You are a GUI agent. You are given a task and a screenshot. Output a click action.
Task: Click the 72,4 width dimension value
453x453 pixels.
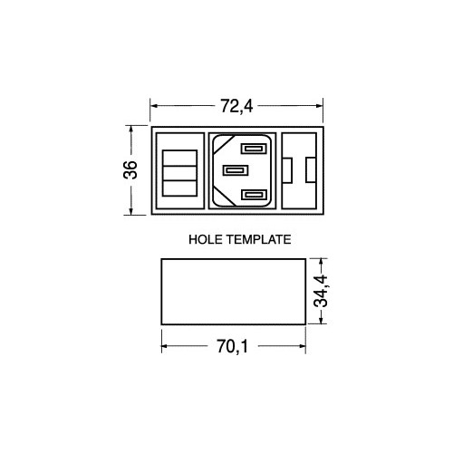pyautogui.click(x=236, y=106)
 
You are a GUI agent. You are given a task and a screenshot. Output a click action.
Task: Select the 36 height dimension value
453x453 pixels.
pyautogui.click(x=130, y=170)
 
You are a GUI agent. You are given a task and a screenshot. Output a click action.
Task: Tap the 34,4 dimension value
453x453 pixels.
pyautogui.click(x=321, y=291)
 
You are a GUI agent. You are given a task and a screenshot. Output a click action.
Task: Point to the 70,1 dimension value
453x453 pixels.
pyautogui.click(x=232, y=346)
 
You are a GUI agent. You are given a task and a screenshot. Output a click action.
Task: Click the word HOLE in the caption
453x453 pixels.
pyautogui.click(x=207, y=239)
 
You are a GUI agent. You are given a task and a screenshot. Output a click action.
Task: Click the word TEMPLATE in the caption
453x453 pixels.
pyautogui.click(x=259, y=239)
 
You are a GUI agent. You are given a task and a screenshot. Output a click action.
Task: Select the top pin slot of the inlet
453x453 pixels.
pyautogui.click(x=254, y=149)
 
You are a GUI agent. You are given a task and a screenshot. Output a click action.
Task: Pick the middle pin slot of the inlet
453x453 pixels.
pyautogui.click(x=236, y=170)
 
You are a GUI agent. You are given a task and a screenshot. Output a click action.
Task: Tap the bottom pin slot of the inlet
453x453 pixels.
pyautogui.click(x=254, y=195)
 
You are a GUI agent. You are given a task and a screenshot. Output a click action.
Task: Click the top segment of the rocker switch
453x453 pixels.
pyautogui.click(x=180, y=158)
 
